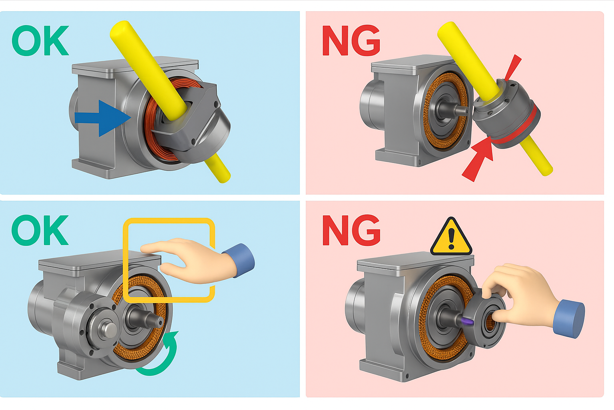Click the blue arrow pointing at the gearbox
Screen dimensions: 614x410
[x=103, y=119]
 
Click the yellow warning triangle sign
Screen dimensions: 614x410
[x=451, y=237]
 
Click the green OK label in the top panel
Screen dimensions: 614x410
[x=40, y=41]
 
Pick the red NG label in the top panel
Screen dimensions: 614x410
[x=351, y=41]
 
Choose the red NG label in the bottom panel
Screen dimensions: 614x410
[x=351, y=230]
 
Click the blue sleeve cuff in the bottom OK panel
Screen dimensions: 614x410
[x=239, y=260]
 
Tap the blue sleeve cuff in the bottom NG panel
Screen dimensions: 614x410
[x=569, y=319]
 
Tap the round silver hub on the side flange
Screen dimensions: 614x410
[x=109, y=329]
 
